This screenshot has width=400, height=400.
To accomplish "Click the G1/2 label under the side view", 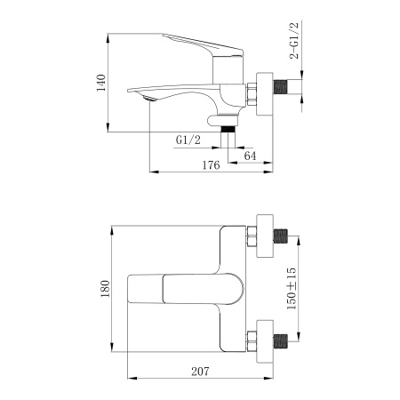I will (188, 140).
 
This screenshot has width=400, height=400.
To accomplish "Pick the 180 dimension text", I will (103, 288).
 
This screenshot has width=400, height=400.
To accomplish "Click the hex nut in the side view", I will (252, 91).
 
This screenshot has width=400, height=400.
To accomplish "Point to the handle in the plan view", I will (178, 288).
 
